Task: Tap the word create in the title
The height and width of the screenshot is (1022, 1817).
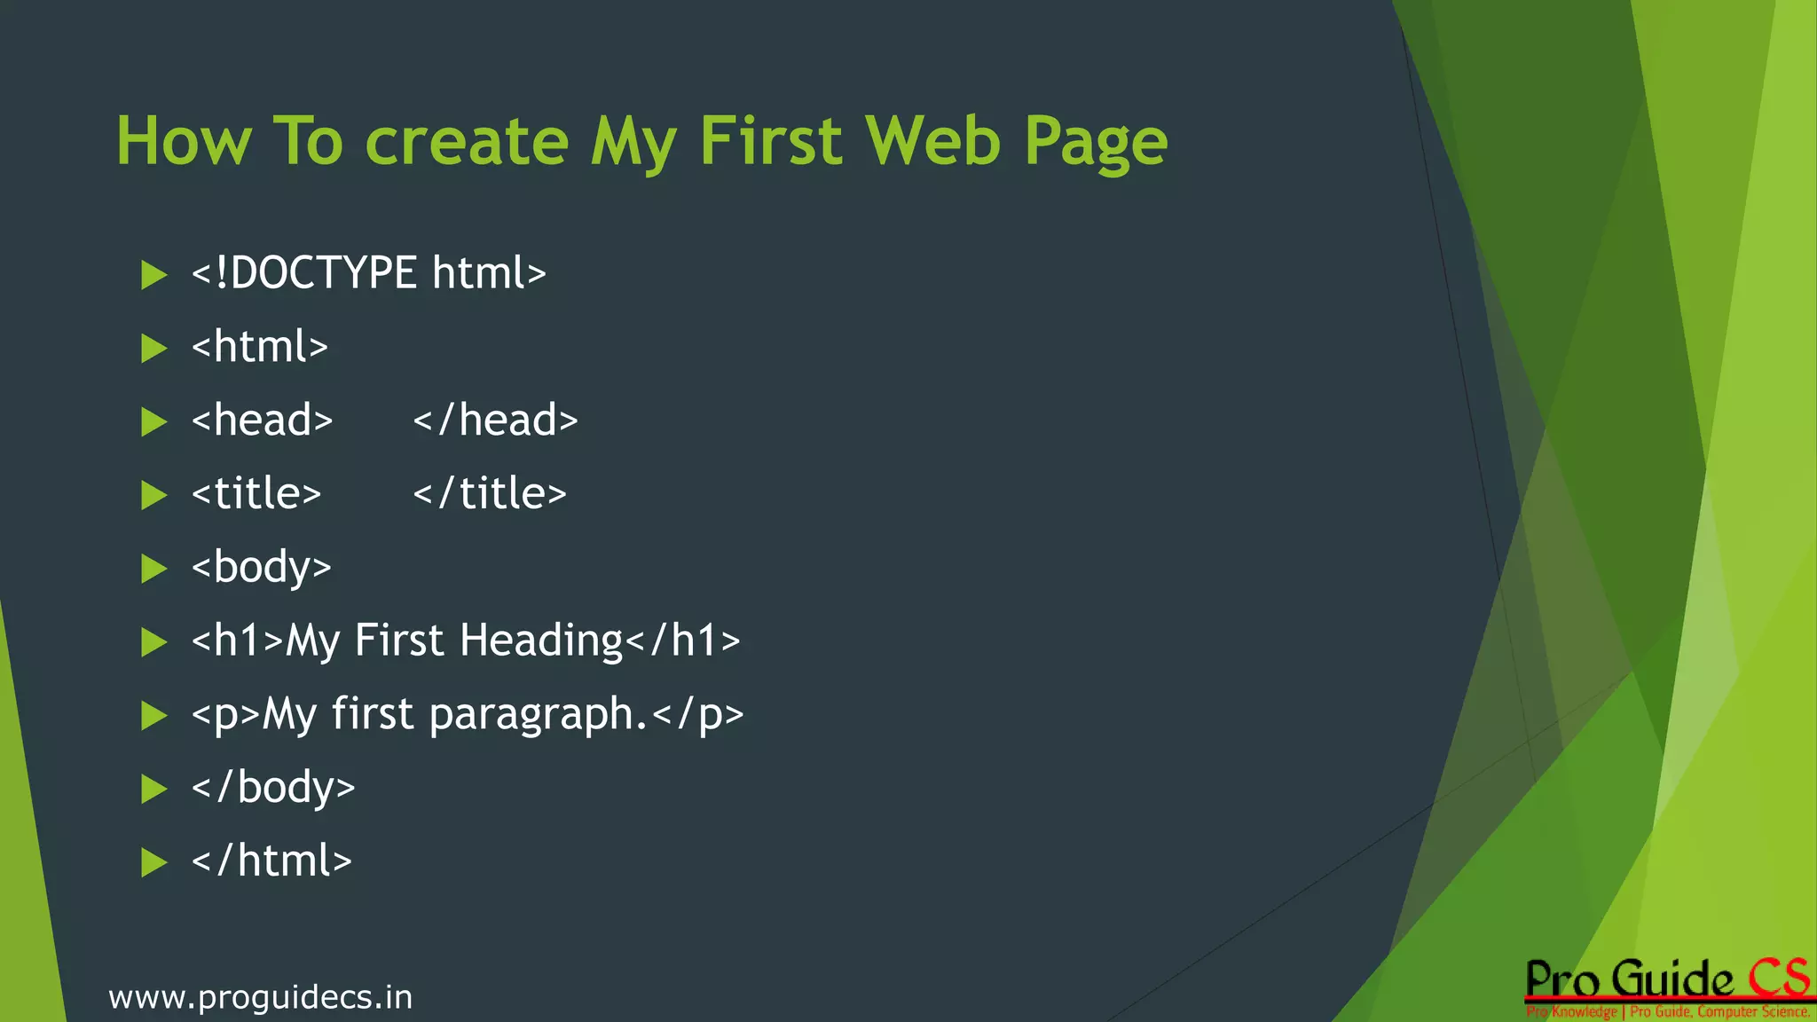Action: pyautogui.click(x=467, y=141)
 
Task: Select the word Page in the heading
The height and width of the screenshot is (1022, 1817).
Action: pyautogui.click(x=1096, y=143)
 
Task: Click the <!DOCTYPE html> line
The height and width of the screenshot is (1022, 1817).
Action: pyautogui.click(x=368, y=272)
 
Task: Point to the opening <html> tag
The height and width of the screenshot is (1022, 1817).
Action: pyautogui.click(x=259, y=346)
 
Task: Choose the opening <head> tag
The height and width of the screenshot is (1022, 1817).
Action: pyautogui.click(x=262, y=420)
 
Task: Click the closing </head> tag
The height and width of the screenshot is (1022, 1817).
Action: pyautogui.click(x=495, y=420)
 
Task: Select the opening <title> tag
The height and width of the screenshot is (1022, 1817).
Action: pyautogui.click(x=256, y=493)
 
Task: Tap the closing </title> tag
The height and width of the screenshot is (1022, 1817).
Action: pyautogui.click(x=489, y=493)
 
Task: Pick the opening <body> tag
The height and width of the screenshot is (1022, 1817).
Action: pyautogui.click(x=261, y=568)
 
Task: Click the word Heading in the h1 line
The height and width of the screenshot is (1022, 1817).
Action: pyautogui.click(x=542, y=641)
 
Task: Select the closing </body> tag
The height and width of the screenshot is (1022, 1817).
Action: pyautogui.click(x=273, y=788)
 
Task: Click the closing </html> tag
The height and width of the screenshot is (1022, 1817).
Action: pyautogui.click(x=271, y=861)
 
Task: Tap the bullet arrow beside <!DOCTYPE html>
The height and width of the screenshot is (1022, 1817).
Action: pyautogui.click(x=154, y=275)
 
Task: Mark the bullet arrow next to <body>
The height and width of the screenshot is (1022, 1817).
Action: pyautogui.click(x=154, y=569)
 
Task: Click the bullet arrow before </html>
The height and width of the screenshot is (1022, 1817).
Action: pyautogui.click(x=154, y=862)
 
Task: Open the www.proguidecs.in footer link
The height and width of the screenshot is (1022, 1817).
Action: pyautogui.click(x=261, y=997)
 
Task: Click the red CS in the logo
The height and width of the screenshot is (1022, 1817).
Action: pyautogui.click(x=1778, y=979)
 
